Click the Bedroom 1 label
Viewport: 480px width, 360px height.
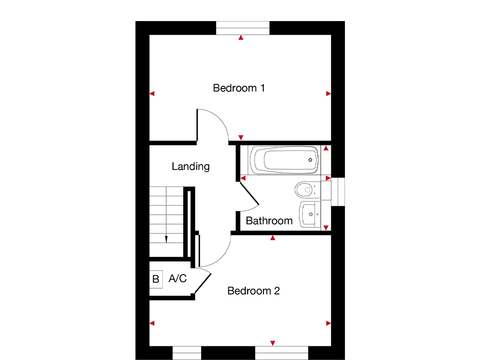pyautogui.click(x=239, y=88)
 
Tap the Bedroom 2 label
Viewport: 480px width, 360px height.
pyautogui.click(x=253, y=291)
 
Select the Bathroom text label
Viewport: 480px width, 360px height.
pyautogui.click(x=269, y=221)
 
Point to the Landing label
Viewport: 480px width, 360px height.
pyautogui.click(x=190, y=166)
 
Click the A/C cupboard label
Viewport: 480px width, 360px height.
pyautogui.click(x=177, y=279)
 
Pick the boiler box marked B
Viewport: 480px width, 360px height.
pyautogui.click(x=156, y=279)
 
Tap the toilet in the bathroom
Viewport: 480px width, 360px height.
pyautogui.click(x=305, y=189)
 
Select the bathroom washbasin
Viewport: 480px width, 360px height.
pyautogui.click(x=310, y=215)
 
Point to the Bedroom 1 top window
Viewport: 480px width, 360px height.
pyautogui.click(x=243, y=28)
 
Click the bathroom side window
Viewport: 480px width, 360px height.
pyautogui.click(x=337, y=191)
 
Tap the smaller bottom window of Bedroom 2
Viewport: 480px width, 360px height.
pyautogui.click(x=187, y=352)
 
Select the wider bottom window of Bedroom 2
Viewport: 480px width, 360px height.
pyautogui.click(x=281, y=352)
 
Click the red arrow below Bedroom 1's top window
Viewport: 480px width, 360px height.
pyautogui.click(x=241, y=37)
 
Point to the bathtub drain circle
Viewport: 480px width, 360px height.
pyautogui.click(x=310, y=160)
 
